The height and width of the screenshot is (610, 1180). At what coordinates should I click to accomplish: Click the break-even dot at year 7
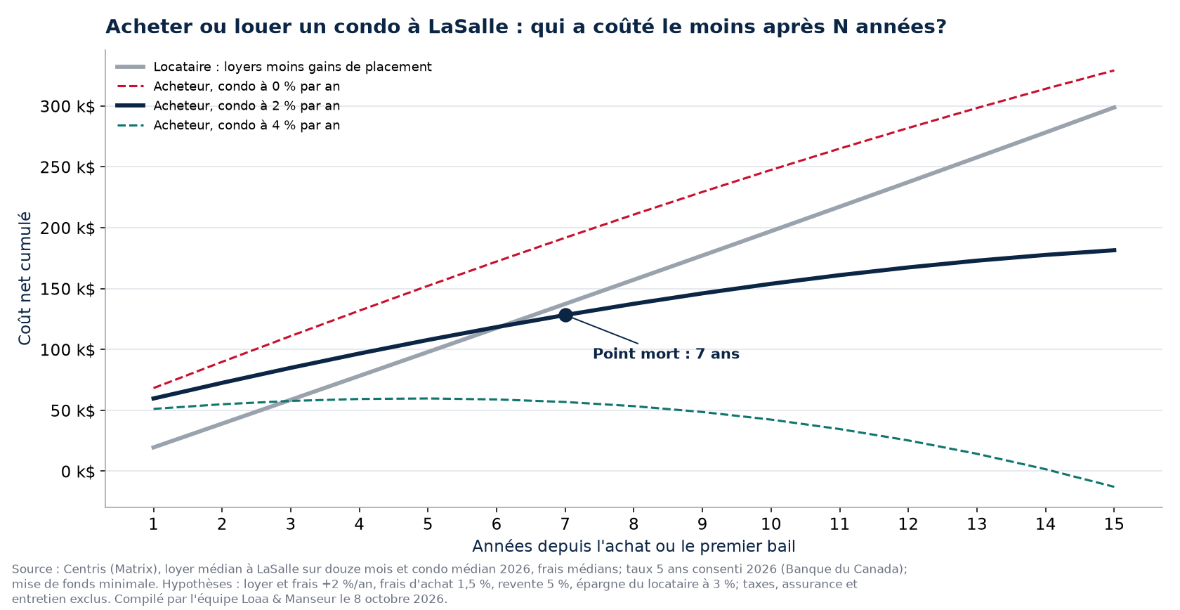565,316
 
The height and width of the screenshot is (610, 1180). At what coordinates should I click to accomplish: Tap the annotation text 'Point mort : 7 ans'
666,353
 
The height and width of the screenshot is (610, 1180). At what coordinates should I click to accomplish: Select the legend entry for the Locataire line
273,67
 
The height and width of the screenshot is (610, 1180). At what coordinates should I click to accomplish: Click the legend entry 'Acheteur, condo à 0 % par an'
228,86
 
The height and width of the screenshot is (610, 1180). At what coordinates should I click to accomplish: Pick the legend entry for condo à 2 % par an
228,106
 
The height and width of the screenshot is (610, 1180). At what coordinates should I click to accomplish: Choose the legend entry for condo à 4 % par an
228,126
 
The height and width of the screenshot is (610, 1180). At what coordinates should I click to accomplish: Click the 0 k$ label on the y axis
78,472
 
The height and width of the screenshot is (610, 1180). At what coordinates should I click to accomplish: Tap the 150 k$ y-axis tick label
67,289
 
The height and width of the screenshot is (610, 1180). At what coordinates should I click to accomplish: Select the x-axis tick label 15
1114,524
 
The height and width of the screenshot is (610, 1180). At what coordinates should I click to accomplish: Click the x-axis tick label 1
153,524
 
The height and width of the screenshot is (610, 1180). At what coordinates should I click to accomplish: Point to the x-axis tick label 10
771,524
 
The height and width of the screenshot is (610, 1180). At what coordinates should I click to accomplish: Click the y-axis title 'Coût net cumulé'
25,278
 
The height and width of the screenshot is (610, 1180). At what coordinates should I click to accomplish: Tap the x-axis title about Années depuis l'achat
634,546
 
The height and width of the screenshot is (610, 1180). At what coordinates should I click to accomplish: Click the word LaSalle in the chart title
468,27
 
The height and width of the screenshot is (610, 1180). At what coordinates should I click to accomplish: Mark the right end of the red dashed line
1114,70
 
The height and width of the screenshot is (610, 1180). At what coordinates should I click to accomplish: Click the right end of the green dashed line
1114,487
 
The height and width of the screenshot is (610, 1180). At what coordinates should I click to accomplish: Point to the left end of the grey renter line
153,448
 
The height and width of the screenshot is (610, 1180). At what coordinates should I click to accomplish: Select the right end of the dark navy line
1115,250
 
